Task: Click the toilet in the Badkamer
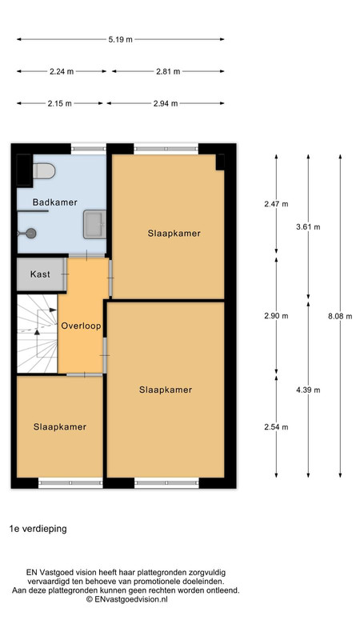44,171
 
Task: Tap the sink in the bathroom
94,224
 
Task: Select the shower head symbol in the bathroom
30,233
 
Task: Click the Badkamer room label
55,202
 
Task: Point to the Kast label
40,274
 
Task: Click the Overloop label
82,326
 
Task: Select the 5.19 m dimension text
121,39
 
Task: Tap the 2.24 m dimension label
62,71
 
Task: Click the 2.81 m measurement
168,71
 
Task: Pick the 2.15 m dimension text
59,104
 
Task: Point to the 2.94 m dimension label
166,104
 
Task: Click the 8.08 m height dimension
340,316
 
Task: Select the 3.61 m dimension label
308,227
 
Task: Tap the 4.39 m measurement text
308,390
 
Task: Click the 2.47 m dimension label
276,204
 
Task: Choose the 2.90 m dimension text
276,316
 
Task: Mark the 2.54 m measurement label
276,427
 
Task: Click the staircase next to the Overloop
37,334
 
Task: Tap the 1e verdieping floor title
38,529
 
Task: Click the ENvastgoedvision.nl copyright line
126,599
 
